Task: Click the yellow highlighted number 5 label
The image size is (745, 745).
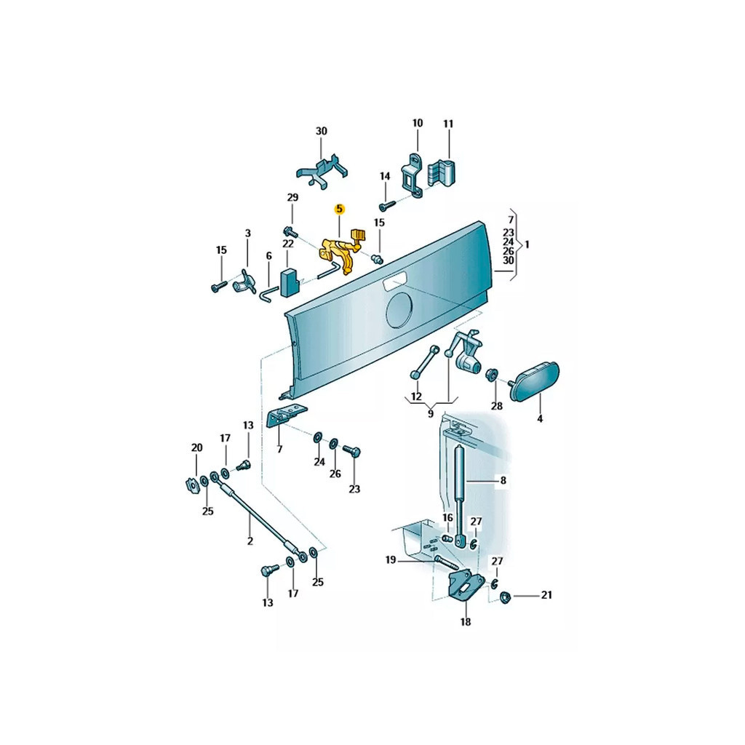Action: click(339, 209)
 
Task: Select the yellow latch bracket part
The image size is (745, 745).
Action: click(340, 251)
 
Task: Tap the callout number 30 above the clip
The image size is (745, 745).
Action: click(322, 131)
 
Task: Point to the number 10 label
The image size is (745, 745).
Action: click(417, 124)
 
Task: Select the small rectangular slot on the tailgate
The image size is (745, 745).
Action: click(394, 283)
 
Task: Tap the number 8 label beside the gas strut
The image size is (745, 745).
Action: click(503, 480)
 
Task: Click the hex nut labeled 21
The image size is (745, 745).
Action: click(506, 597)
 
